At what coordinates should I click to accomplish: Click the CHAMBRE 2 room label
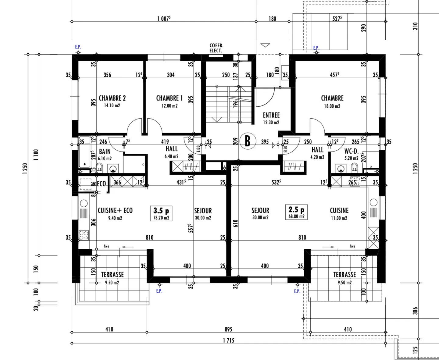pyautogui.click(x=112, y=98)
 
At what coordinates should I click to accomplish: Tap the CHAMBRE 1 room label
pyautogui.click(x=170, y=98)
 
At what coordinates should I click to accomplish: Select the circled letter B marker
pyautogui.click(x=247, y=141)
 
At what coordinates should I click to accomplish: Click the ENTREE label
pyautogui.click(x=271, y=115)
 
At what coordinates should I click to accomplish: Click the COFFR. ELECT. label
pyautogui.click(x=216, y=48)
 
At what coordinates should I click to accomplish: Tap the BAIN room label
pyautogui.click(x=105, y=151)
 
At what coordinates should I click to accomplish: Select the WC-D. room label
pyautogui.click(x=351, y=151)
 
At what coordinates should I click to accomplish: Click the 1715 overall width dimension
pyautogui.click(x=229, y=340)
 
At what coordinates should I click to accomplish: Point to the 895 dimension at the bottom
pyautogui.click(x=228, y=329)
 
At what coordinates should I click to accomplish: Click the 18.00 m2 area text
pyautogui.click(x=332, y=106)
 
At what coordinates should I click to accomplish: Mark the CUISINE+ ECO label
pyautogui.click(x=115, y=210)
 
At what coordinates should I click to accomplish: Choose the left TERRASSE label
pyautogui.click(x=112, y=274)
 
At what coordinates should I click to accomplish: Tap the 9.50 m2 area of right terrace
pyautogui.click(x=344, y=283)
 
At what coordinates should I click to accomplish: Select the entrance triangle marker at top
pyautogui.click(x=265, y=45)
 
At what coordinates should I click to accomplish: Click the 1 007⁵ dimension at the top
pyautogui.click(x=164, y=19)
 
